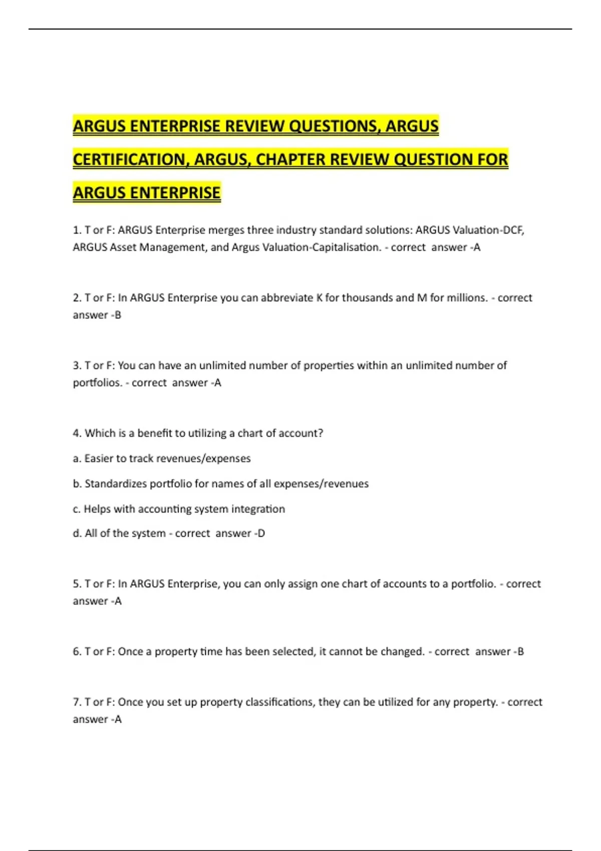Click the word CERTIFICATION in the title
tap(131, 159)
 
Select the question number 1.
tap(77, 230)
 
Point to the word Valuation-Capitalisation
tap(306, 247)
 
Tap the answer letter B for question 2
tap(118, 315)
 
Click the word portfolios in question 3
tap(97, 383)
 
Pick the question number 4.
tap(77, 434)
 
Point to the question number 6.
tap(77, 652)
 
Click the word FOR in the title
tap(493, 159)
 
